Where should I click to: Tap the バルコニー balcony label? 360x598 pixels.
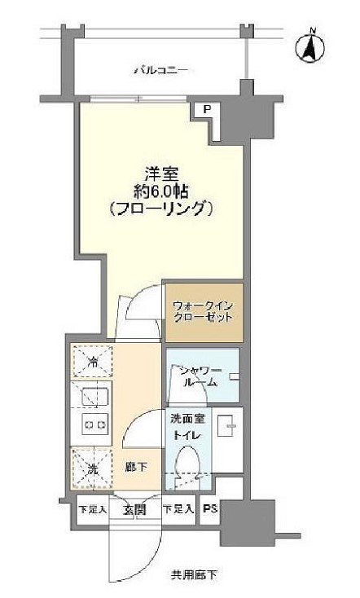pyautogui.click(x=160, y=71)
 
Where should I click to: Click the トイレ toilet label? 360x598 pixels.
pyautogui.click(x=184, y=436)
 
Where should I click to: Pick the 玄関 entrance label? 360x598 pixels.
pyautogui.click(x=134, y=510)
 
